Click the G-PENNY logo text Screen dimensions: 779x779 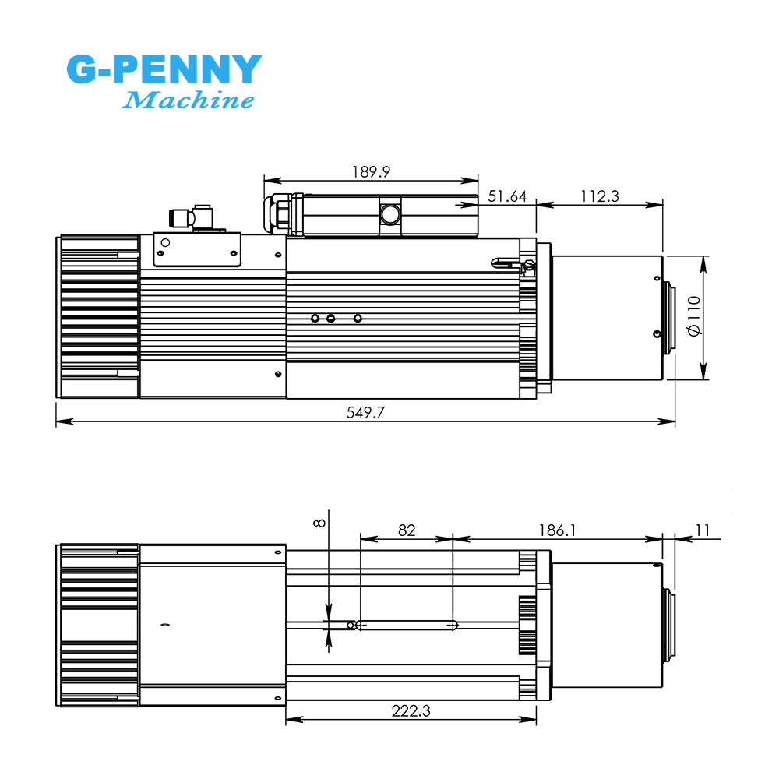164,70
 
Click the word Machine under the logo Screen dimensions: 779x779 189,100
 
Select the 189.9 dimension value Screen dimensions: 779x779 371,171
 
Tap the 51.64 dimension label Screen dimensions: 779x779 507,196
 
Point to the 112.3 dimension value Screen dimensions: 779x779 599,196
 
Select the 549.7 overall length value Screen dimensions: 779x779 365,413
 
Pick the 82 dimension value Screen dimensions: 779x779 406,530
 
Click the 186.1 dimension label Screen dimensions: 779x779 557,530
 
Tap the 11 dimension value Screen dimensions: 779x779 703,530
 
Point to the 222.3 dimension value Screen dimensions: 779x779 411,710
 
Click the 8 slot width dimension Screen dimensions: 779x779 319,523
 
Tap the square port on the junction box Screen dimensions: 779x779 389,213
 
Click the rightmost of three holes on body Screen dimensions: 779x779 358,318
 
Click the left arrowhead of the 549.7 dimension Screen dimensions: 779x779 61,421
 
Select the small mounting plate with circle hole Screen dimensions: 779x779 199,249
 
